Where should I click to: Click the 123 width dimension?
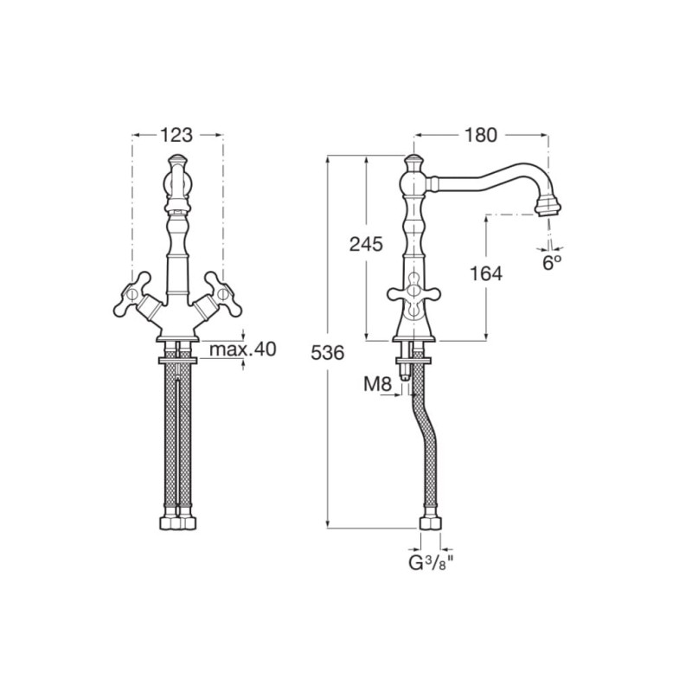pyautogui.click(x=176, y=135)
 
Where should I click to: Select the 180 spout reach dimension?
pyautogui.click(x=481, y=135)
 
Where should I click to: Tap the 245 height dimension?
pyautogui.click(x=366, y=244)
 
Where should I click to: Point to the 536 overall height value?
pyautogui.click(x=328, y=353)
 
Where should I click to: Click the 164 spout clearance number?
pyautogui.click(x=485, y=274)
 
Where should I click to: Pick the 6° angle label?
pyautogui.click(x=552, y=263)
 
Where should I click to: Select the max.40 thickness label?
pyautogui.click(x=243, y=349)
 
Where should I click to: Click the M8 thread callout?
pyautogui.click(x=377, y=385)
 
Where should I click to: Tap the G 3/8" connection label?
pyautogui.click(x=431, y=564)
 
